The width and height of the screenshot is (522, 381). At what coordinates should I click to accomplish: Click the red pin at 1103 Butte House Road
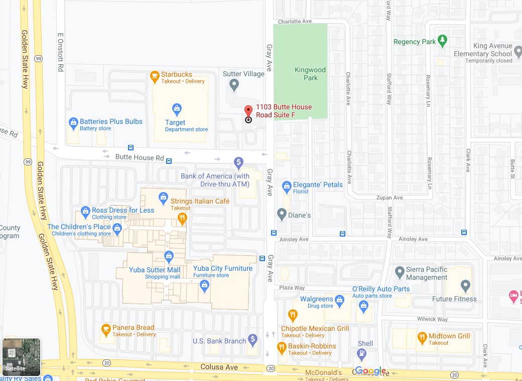point(248,111)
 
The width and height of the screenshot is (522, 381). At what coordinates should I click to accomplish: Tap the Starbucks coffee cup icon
point(155,77)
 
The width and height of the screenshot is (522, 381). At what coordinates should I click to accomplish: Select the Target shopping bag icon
point(176,109)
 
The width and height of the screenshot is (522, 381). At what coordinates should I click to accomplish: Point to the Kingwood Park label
point(310,74)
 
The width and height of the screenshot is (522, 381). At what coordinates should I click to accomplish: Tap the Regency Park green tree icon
point(442,41)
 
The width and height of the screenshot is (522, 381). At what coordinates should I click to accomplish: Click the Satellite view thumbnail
point(22,357)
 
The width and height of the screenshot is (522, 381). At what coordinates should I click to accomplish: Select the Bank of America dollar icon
point(238,163)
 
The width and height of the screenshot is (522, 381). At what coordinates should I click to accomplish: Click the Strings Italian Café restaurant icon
point(182,218)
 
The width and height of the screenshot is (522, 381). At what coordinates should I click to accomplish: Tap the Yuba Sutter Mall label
point(155,270)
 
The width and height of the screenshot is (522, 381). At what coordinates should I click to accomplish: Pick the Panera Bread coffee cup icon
point(105,329)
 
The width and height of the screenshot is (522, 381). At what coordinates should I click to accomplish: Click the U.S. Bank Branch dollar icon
point(252,340)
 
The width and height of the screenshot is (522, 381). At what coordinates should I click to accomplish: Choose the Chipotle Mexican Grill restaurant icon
point(293,315)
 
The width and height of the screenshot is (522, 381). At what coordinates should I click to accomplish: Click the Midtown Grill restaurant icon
point(422,337)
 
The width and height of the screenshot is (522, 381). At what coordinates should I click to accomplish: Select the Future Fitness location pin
point(465,286)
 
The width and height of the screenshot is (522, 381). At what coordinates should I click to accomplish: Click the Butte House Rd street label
point(140,157)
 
